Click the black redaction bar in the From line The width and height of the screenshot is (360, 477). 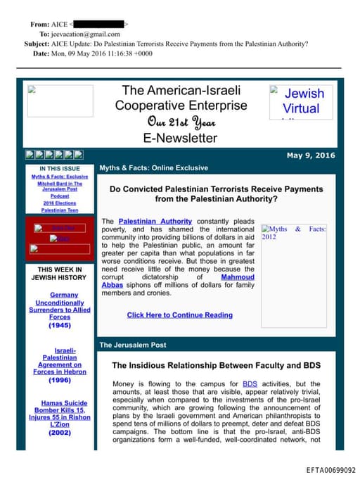(x=98, y=24)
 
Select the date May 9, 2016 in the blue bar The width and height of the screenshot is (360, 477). (x=311, y=155)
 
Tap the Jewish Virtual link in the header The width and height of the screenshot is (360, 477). (x=300, y=101)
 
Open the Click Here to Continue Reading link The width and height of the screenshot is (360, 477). (x=179, y=315)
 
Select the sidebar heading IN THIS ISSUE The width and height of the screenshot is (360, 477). (x=60, y=169)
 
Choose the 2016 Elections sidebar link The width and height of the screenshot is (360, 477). (x=60, y=203)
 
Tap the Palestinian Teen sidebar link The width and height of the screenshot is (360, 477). (x=60, y=210)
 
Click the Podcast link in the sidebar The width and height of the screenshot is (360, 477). (x=60, y=196)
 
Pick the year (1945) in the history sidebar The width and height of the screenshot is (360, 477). (x=60, y=326)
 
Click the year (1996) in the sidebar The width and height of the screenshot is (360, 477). (x=60, y=380)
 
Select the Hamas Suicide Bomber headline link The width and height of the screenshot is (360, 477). (x=60, y=412)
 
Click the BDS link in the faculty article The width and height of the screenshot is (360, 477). (x=250, y=383)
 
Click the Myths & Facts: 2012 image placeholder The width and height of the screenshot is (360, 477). (x=293, y=233)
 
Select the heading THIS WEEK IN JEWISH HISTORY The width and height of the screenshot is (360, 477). (x=60, y=273)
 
